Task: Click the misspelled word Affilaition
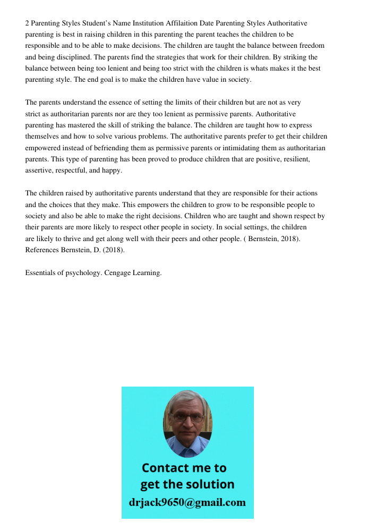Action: pyautogui.click(x=181, y=23)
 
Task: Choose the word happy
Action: pyautogui.click(x=112, y=170)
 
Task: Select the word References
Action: pyautogui.click(x=42, y=250)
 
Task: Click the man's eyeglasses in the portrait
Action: pyautogui.click(x=188, y=417)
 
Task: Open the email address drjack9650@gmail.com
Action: pyautogui.click(x=187, y=502)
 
